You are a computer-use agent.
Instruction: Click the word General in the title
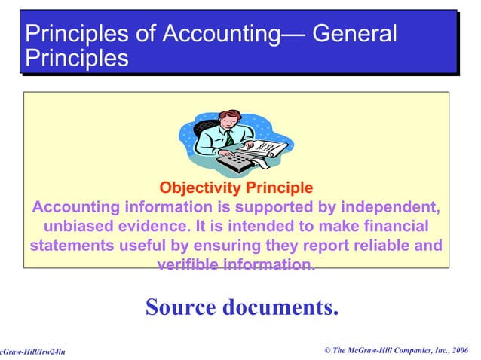[x=354, y=34]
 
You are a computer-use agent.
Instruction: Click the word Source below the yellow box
[x=181, y=307]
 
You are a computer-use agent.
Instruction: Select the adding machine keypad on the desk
[x=230, y=159]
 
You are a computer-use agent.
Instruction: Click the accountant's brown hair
[x=231, y=115]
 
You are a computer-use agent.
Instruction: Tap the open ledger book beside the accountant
[x=268, y=146]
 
